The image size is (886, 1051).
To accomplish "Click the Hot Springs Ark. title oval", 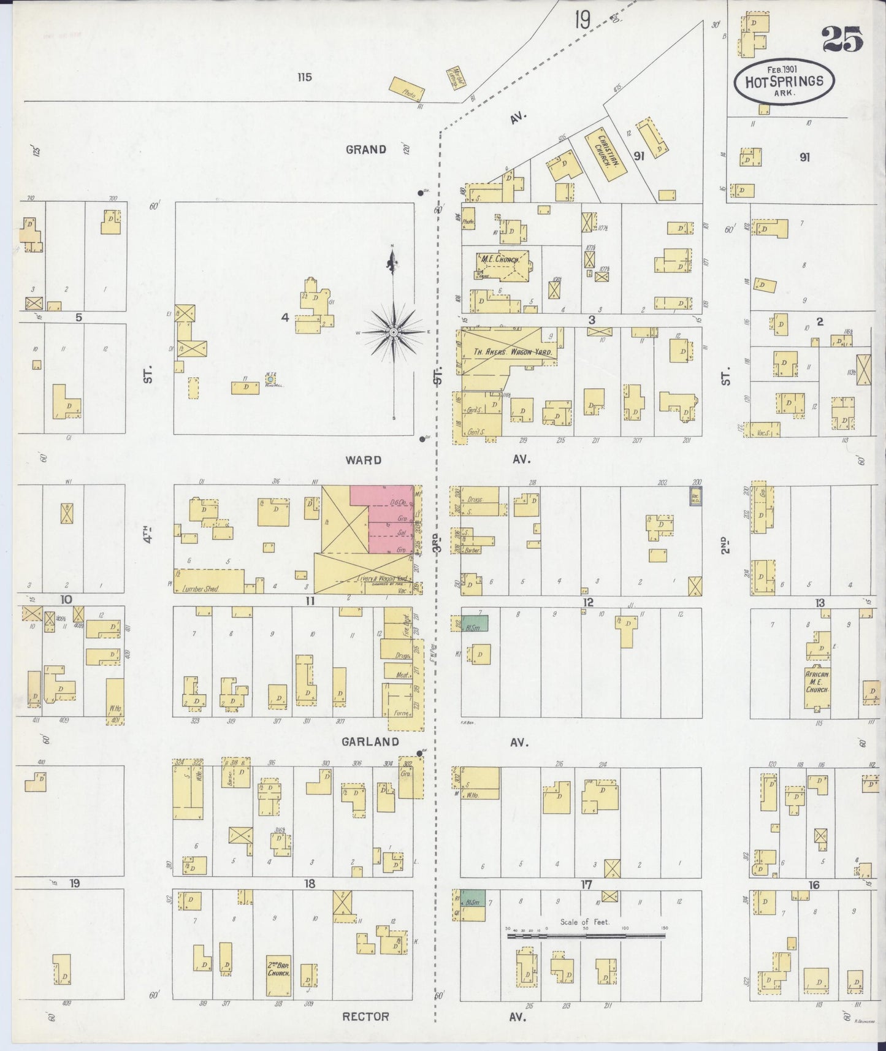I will tap(784, 82).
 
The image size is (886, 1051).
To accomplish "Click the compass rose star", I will tap(394, 332).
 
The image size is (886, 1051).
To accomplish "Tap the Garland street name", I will tap(371, 742).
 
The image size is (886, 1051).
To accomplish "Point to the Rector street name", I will tap(365, 1016).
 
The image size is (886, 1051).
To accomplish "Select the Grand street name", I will tap(365, 149).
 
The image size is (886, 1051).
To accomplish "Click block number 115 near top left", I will tap(304, 77).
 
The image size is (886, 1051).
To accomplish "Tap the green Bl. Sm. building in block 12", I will tap(474, 623).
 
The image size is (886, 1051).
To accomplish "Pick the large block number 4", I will tap(285, 317).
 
